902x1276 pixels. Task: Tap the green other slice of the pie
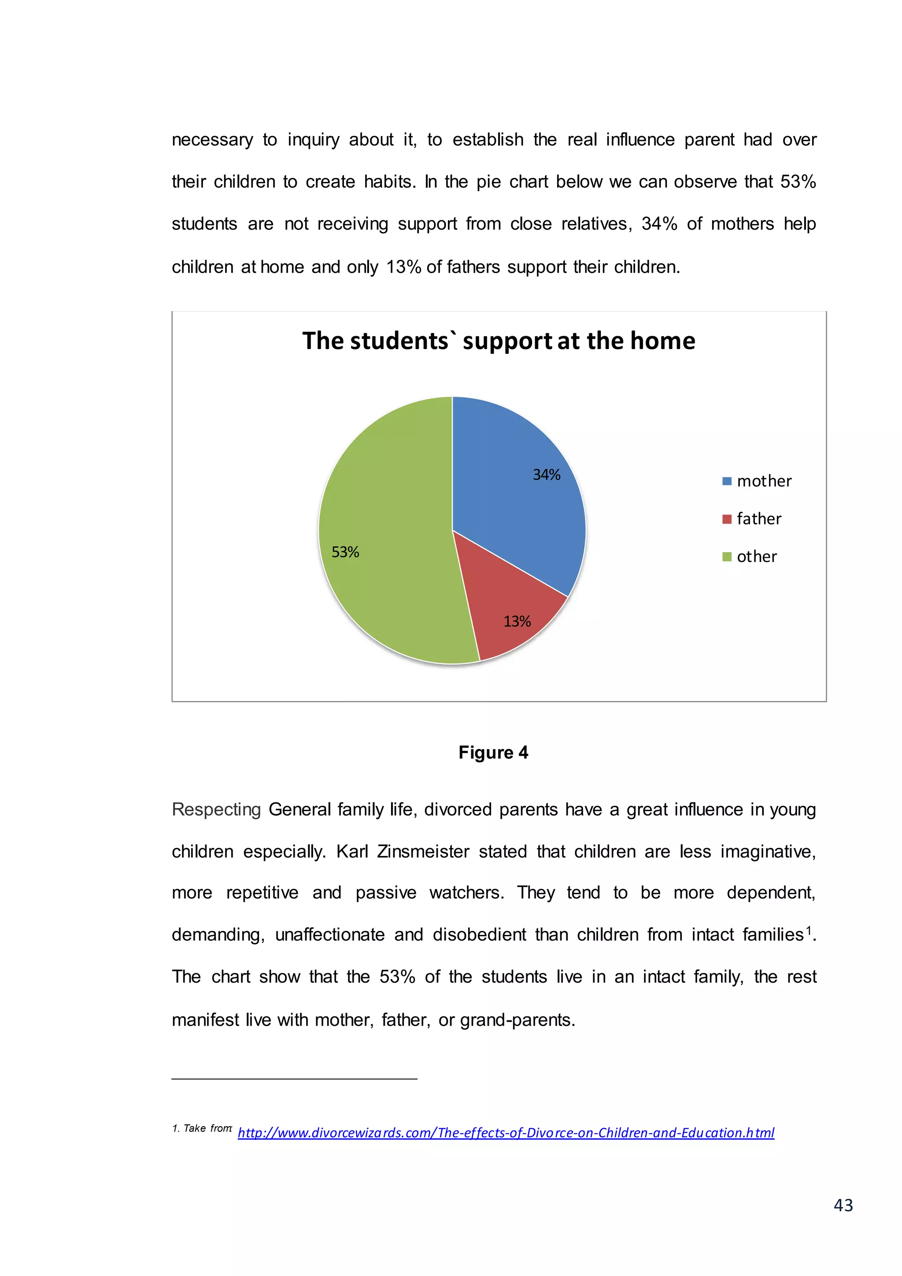pos(389,528)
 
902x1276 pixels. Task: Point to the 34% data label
pos(547,475)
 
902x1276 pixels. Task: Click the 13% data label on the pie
pos(517,621)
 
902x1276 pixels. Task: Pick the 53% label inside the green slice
pos(345,552)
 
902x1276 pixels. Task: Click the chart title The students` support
pos(498,341)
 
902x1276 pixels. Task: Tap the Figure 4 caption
pos(493,753)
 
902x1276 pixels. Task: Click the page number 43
pos(843,1205)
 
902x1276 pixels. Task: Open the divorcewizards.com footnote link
pos(506,1133)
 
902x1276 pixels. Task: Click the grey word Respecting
pos(216,810)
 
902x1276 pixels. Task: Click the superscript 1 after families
pos(809,930)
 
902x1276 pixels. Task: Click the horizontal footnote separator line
pos(294,1079)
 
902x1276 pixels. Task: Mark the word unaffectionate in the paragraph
pos(329,935)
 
